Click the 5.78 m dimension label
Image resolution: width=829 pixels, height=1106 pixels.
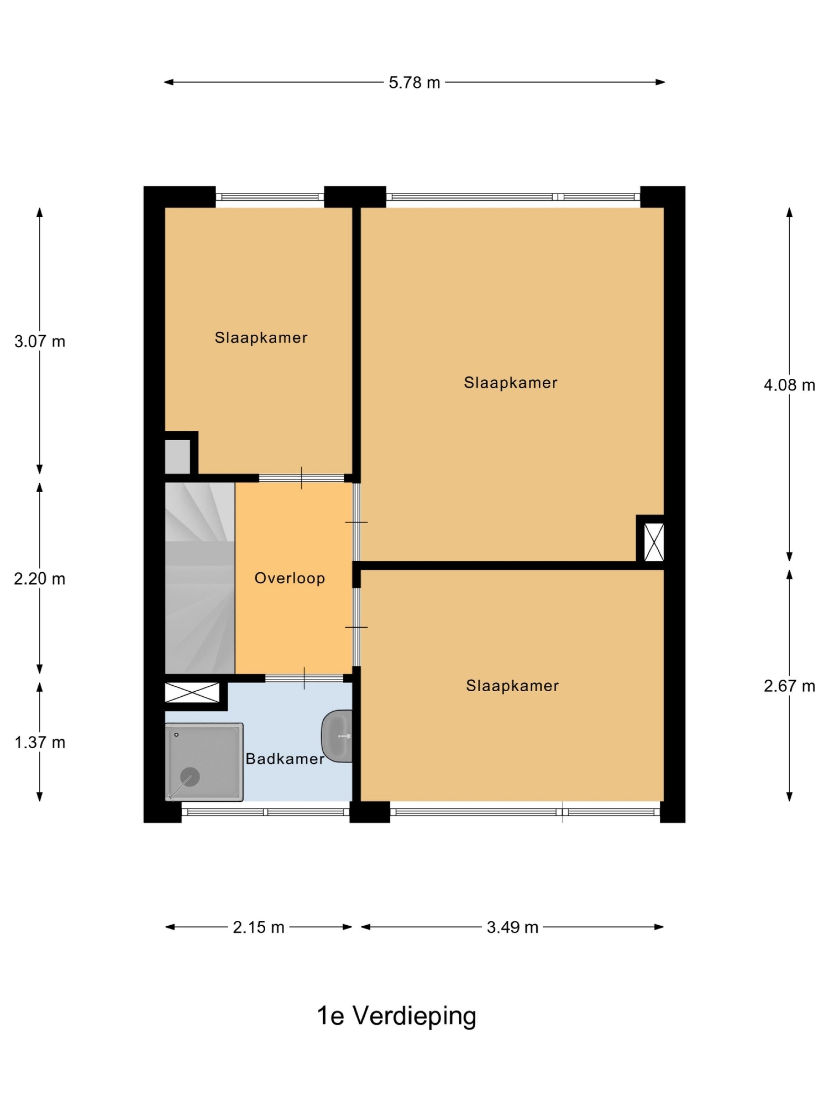tap(414, 83)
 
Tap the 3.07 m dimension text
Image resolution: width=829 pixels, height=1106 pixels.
tap(39, 341)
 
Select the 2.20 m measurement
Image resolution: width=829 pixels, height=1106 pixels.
tap(39, 579)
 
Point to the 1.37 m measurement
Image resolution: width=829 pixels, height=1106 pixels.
tap(39, 742)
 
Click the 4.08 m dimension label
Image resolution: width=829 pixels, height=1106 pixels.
tap(789, 385)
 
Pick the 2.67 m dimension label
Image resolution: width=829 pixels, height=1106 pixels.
tap(789, 686)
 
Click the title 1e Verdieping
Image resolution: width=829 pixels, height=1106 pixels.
tap(397, 1016)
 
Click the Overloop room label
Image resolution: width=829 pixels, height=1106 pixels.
tap(290, 579)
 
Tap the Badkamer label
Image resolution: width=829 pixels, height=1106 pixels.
tap(285, 759)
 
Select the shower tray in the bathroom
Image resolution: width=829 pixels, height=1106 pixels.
tap(204, 761)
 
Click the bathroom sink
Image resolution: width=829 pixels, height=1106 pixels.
tap(337, 737)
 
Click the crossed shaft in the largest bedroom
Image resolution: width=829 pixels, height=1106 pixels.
tap(654, 542)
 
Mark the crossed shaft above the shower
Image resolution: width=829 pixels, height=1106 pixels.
tap(192, 693)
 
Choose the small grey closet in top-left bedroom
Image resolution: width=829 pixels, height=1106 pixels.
tap(178, 456)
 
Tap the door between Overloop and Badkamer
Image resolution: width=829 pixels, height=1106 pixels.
tap(304, 678)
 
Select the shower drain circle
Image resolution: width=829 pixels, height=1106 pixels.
tap(190, 777)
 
